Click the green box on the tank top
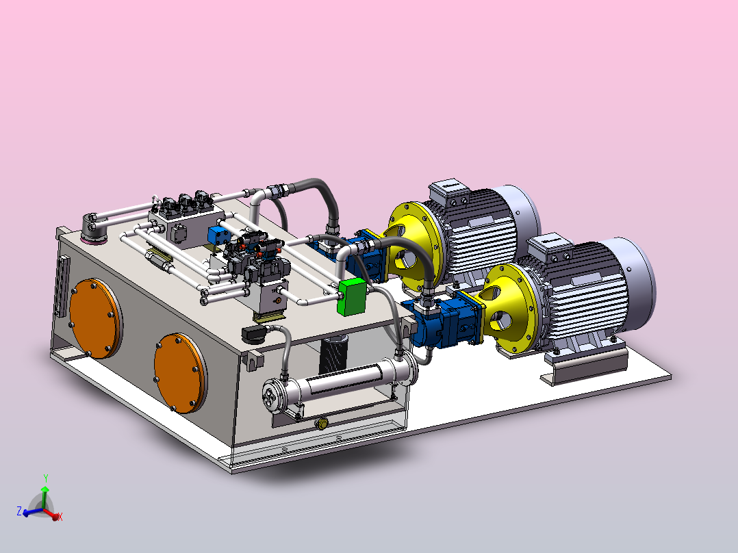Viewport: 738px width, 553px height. [352, 297]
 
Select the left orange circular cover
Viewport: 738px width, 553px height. [96, 319]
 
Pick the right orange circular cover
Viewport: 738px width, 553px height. [180, 373]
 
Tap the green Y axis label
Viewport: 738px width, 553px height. [46, 478]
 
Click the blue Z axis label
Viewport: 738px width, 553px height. [19, 511]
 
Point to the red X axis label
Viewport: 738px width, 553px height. [60, 517]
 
